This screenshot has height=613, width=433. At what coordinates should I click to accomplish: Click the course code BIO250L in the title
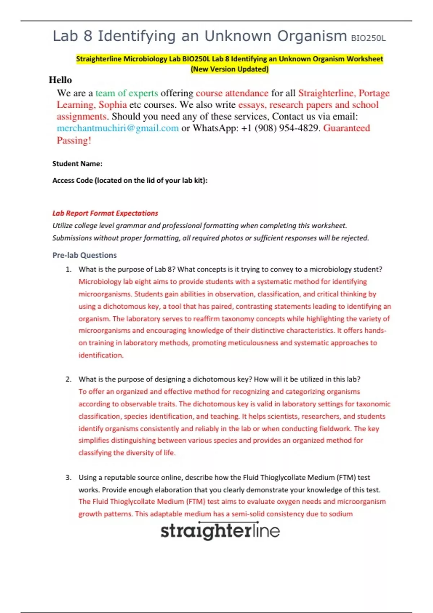pos(368,38)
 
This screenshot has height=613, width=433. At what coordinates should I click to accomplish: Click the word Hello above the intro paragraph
pos(60,80)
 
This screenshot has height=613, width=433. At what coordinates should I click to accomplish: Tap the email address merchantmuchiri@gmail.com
pos(118,128)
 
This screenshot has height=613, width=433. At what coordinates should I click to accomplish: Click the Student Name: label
pos(77,164)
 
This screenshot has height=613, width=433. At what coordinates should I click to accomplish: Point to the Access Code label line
pos(130,180)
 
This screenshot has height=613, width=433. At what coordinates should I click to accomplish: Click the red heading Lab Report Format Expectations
pos(105,213)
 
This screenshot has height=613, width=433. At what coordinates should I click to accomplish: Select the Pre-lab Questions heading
pos(84,255)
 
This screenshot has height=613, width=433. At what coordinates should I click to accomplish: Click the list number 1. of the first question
pos(69,269)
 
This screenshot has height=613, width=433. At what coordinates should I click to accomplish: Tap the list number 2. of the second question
pos(69,379)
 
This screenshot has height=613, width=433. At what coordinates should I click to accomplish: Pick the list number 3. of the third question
pos(69,477)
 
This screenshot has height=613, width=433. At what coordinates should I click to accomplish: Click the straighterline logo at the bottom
pos(220,531)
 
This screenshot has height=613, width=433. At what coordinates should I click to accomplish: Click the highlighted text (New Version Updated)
pos(229,69)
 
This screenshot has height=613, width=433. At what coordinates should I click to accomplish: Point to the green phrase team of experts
pos(127,93)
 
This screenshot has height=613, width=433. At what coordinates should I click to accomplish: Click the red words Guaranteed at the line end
pos(346,128)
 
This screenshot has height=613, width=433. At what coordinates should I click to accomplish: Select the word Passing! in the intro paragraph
pos(74,140)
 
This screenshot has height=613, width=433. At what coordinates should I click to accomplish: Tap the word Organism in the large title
pos(312,36)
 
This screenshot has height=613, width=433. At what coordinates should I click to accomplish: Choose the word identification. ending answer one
pos(101,355)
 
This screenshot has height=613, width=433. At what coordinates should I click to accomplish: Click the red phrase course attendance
pos(232,93)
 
